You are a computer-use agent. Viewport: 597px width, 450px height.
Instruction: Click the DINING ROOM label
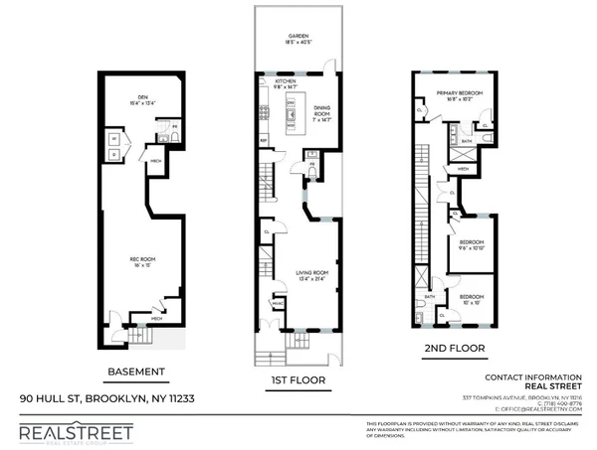(x=320, y=110)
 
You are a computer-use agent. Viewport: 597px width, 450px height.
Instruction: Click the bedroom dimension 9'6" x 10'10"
(x=471, y=248)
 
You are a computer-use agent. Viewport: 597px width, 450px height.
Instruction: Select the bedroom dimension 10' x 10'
(x=471, y=301)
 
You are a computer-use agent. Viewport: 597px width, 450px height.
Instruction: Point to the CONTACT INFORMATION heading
(x=532, y=377)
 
